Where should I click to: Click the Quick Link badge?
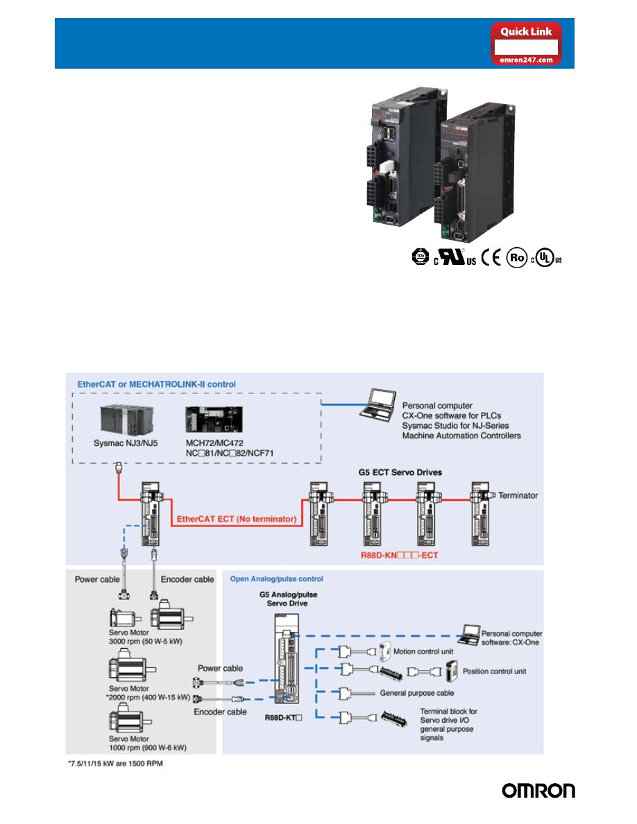pos(527,44)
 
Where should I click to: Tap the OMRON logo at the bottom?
pos(538,791)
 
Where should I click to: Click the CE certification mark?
pos(491,259)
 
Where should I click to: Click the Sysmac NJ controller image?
pos(125,415)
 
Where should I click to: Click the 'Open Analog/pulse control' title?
pos(276,578)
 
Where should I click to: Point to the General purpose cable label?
pos(417,692)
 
